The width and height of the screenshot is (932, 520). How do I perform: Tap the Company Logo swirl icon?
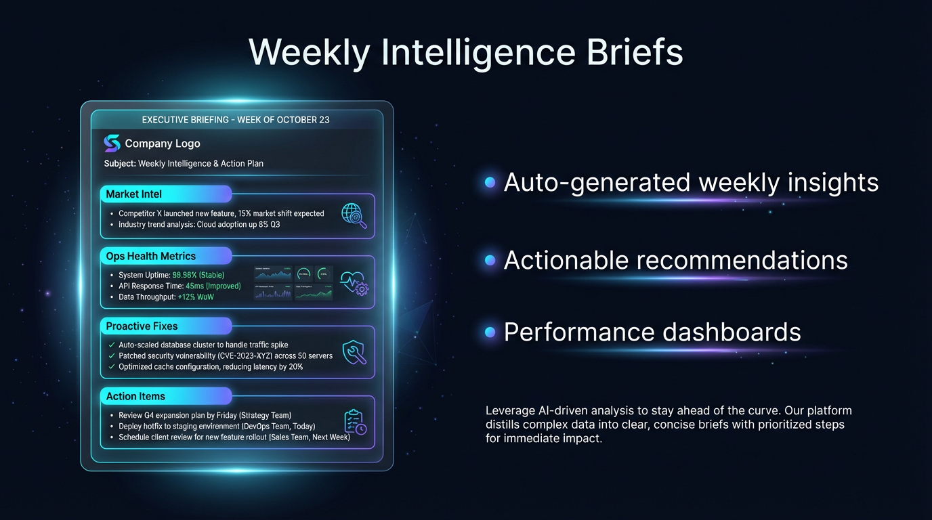pos(112,144)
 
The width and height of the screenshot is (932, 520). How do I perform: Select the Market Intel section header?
pos(134,194)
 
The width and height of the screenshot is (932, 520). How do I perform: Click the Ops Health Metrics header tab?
pos(151,256)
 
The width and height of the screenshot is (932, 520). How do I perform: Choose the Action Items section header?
pos(135,396)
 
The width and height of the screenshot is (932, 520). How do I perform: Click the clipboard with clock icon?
pos(355,422)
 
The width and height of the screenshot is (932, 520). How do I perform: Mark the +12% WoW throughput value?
pos(196,297)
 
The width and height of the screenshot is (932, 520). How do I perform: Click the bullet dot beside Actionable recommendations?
pos(490,261)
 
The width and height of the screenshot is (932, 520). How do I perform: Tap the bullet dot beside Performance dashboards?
pos(490,332)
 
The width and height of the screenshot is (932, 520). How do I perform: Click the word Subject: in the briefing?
pos(120,163)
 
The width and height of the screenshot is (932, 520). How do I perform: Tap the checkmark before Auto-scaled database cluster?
pos(112,345)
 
